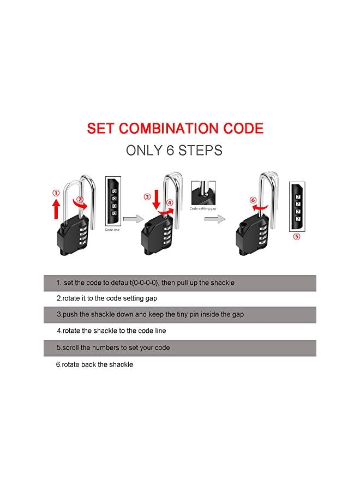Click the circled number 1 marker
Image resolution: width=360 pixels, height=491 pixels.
click(x=56, y=192)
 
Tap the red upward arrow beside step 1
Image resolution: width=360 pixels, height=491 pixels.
click(x=56, y=207)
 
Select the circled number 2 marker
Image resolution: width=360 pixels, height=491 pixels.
click(x=80, y=200)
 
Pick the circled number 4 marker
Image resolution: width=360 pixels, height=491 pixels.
click(x=170, y=202)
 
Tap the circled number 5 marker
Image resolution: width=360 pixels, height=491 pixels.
click(x=297, y=237)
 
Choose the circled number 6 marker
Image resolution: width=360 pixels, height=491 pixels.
click(x=253, y=200)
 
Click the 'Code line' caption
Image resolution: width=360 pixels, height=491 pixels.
click(x=112, y=230)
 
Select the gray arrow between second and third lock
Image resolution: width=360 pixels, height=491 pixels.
click(x=214, y=219)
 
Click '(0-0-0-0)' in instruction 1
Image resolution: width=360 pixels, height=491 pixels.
click(x=142, y=283)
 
